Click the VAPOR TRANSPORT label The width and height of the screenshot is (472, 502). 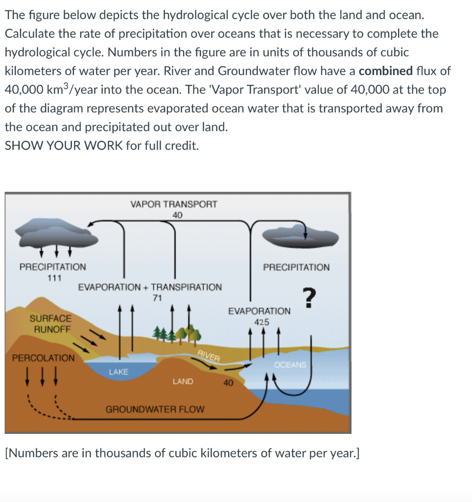coord(174,204)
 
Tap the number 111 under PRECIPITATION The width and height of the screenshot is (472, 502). coord(54,278)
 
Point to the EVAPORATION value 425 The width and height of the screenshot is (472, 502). coord(261,322)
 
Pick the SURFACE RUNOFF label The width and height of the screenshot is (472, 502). coord(50,324)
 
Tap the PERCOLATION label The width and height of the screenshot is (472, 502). coord(43,357)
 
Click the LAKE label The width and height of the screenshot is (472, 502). coord(118,372)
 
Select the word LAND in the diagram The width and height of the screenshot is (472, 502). coord(183,381)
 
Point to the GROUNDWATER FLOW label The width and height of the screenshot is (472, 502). coord(155,408)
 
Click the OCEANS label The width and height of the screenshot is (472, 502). coord(290,365)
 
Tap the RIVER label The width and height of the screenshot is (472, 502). coord(208,356)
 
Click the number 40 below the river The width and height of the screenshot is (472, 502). coord(228,383)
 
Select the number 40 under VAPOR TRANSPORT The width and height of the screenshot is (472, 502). coord(177,215)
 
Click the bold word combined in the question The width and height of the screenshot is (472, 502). coord(385,71)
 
